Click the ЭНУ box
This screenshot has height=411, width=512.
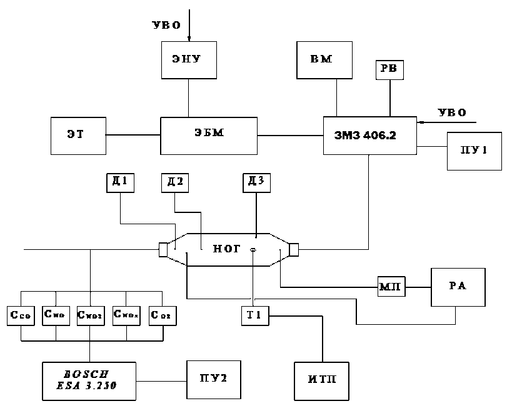tap(188, 61)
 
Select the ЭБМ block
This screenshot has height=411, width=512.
tap(209, 135)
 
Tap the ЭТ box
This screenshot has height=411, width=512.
tap(78, 135)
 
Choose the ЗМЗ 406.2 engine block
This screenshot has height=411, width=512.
tap(370, 135)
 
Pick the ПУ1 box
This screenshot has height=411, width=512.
tap(474, 151)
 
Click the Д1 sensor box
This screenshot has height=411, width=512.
tap(119, 182)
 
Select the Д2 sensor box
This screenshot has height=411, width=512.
tap(174, 182)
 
